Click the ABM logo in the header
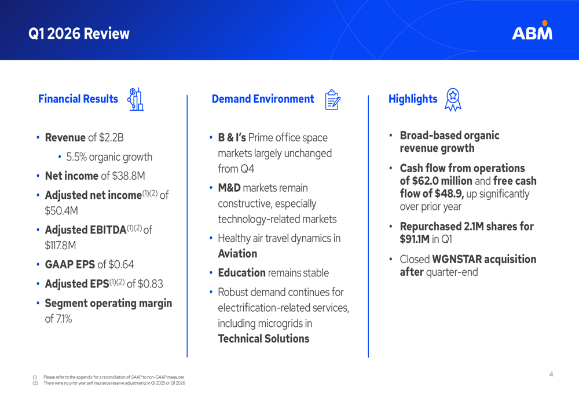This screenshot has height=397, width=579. pyautogui.click(x=532, y=31)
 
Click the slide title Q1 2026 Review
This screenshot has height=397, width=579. pyautogui.click(x=79, y=34)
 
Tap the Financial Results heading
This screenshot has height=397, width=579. pyautogui.click(x=78, y=99)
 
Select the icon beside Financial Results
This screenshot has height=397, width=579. pyautogui.click(x=135, y=99)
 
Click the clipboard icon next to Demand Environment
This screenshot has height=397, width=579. pyautogui.click(x=332, y=100)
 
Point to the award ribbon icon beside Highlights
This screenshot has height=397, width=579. pyautogui.click(x=453, y=100)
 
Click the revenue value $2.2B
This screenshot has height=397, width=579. pyautogui.click(x=111, y=138)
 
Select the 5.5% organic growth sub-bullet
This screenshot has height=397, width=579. pyautogui.click(x=109, y=157)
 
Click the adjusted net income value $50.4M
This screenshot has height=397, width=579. pyautogui.click(x=61, y=210)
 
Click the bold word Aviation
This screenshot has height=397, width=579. pyautogui.click(x=237, y=254)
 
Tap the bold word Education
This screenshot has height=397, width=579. pyautogui.click(x=241, y=273)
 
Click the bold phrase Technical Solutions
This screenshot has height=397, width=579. pyautogui.click(x=263, y=339)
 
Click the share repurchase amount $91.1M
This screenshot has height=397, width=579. pyautogui.click(x=415, y=239)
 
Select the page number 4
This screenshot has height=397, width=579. pyautogui.click(x=551, y=374)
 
